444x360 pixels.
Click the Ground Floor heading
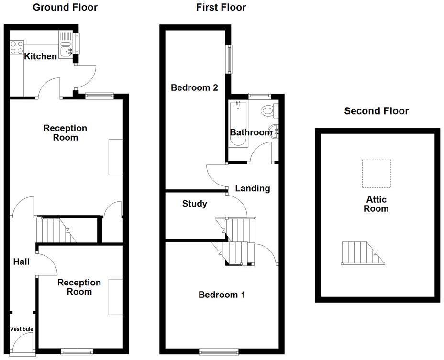tap(65, 7)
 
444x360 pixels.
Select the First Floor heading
tap(221, 7)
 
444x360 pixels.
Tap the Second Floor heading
tap(377, 111)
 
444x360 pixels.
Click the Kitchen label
tap(41, 56)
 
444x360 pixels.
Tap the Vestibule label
tap(22, 329)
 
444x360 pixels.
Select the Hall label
tap(22, 262)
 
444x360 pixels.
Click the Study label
tap(195, 204)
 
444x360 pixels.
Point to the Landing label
tap(253, 188)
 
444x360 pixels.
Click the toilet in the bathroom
tap(268, 110)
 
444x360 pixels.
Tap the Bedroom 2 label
tap(195, 88)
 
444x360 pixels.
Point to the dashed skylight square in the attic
tap(377, 173)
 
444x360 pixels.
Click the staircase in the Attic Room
tap(361, 253)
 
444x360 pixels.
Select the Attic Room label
tap(376, 204)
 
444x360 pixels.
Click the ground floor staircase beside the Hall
tap(55, 230)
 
